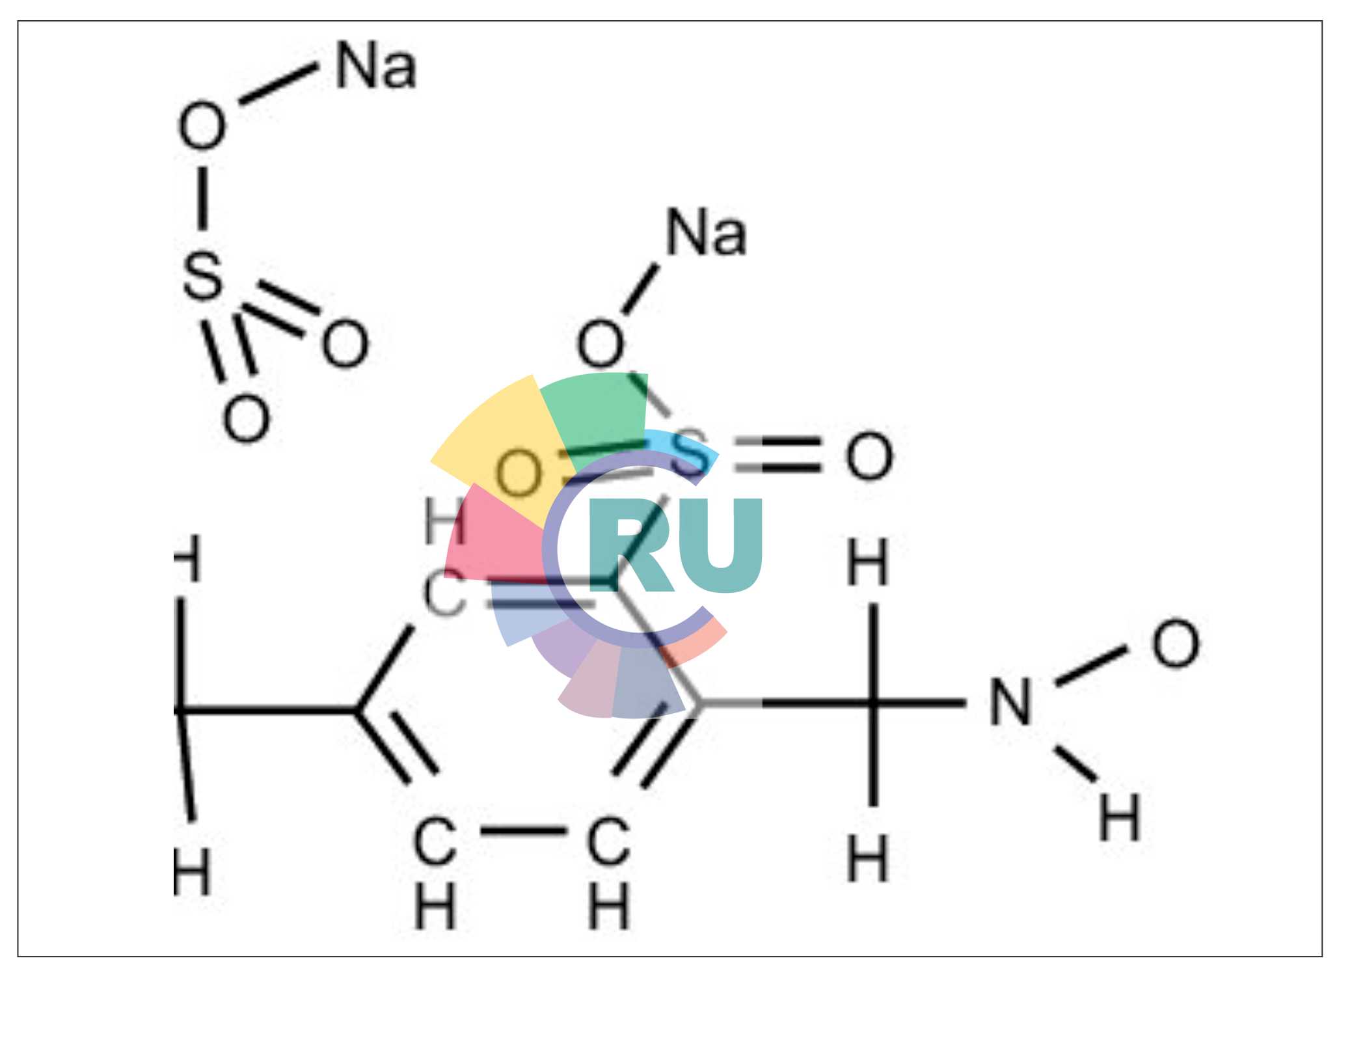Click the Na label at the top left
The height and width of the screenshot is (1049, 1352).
(x=375, y=66)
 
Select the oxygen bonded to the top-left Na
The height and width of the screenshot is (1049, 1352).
(x=202, y=126)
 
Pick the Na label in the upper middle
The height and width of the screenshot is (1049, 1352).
(x=706, y=233)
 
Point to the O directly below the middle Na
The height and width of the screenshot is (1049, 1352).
(x=600, y=343)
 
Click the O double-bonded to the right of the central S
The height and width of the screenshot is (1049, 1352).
(x=869, y=456)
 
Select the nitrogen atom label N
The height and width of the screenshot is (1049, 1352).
(x=1010, y=702)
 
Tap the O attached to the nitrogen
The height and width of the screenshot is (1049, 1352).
(x=1175, y=644)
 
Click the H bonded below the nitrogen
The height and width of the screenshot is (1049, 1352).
(x=1119, y=817)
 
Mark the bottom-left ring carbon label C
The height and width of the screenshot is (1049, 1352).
(x=434, y=841)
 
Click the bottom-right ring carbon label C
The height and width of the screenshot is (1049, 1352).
(x=608, y=841)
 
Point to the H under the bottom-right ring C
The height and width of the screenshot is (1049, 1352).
(x=608, y=906)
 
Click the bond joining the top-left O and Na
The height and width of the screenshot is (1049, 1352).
(x=278, y=84)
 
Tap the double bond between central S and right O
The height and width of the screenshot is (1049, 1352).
(x=777, y=455)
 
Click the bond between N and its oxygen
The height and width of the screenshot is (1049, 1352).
(x=1090, y=666)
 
